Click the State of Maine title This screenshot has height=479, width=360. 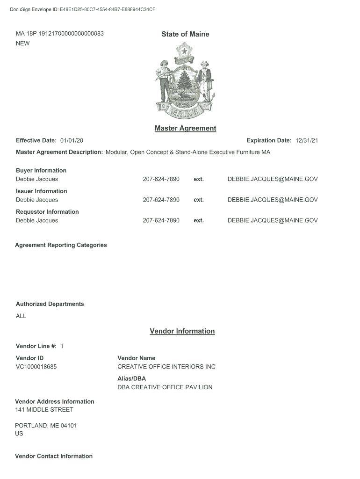click(185, 34)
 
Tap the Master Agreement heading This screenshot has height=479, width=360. click(185, 128)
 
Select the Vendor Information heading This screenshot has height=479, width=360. click(182, 331)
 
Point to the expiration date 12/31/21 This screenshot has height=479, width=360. click(307, 141)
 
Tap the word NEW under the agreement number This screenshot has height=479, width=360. click(22, 44)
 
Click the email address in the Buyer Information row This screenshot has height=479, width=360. click(272, 179)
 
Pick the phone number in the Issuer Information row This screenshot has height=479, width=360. click(161, 200)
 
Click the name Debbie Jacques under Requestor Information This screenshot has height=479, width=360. click(37, 220)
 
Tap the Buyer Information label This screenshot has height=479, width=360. click(41, 170)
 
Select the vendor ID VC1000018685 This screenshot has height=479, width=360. click(36, 367)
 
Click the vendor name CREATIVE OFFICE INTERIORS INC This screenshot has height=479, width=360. click(166, 367)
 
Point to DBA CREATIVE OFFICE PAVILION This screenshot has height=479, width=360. click(165, 387)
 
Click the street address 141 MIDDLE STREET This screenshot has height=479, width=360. click(44, 410)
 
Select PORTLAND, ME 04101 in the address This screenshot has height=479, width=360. click(46, 426)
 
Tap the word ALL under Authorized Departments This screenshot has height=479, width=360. click(21, 316)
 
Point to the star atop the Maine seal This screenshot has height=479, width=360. click(185, 50)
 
